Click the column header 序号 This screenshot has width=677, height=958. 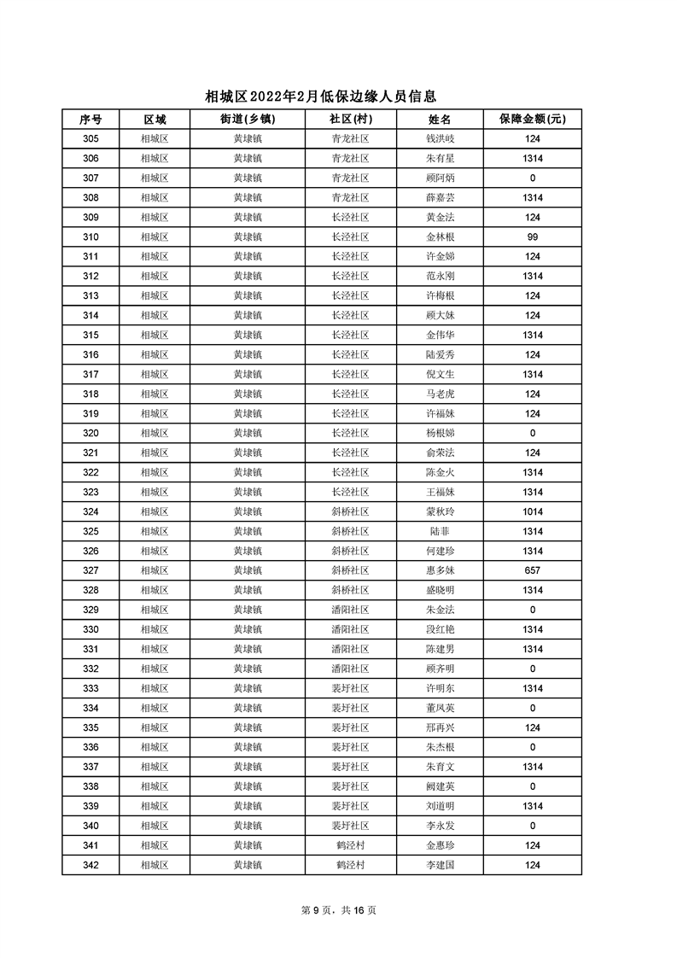click(x=90, y=120)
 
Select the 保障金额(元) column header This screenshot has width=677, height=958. click(x=532, y=120)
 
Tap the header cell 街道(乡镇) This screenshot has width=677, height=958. click(x=248, y=120)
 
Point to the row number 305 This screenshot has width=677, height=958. click(x=90, y=139)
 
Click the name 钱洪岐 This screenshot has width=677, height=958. click(x=440, y=139)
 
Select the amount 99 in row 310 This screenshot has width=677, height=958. click(x=532, y=237)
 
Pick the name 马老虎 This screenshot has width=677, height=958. click(x=440, y=394)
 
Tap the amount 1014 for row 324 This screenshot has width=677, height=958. click(x=532, y=512)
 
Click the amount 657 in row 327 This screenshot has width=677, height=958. click(x=532, y=571)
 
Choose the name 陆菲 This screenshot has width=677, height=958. click(x=440, y=532)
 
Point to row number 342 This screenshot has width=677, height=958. click(x=90, y=866)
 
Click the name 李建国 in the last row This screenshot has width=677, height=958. click(x=440, y=866)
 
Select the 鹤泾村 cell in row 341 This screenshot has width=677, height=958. click(x=350, y=846)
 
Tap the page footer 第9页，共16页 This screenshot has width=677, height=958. click(x=339, y=910)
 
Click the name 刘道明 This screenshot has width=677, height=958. click(x=440, y=807)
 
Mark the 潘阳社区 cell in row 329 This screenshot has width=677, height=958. click(x=350, y=610)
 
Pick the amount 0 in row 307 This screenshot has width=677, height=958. click(x=532, y=178)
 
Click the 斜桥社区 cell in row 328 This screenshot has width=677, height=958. click(x=350, y=591)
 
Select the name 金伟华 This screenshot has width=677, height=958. click(x=440, y=336)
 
